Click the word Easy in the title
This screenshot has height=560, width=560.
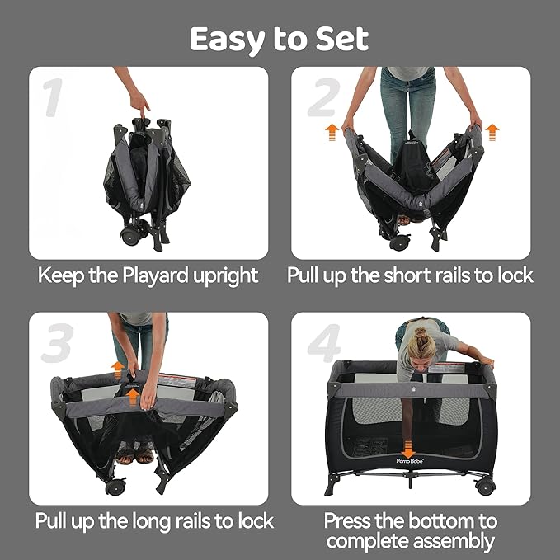coord(228,40)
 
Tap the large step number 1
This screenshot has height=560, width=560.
coord(53,97)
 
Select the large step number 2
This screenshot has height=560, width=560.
coord(324,97)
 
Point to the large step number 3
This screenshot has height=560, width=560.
coord(58,343)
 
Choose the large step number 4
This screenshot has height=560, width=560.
coord(324,343)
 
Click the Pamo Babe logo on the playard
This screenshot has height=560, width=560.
coord(410,461)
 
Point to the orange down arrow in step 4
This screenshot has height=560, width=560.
coord(408,449)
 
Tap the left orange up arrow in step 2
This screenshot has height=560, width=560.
coord(332,132)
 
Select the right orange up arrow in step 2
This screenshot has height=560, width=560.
coord(492,132)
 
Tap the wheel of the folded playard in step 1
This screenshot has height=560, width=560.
coord(130,235)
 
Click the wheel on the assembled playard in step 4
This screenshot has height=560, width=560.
coord(485,487)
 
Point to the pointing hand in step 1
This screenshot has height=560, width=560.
coord(139,103)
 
